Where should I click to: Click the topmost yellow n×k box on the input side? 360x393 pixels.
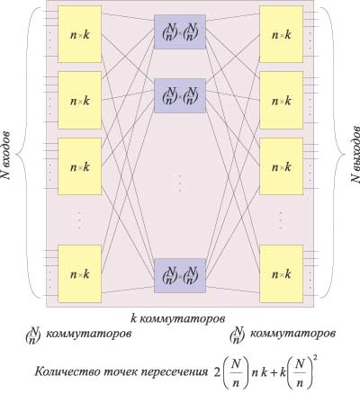point(79,34)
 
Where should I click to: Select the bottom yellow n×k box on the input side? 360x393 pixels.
point(79,273)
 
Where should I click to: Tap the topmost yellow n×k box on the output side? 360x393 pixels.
point(281,34)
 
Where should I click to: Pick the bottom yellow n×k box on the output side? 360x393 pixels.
point(281,273)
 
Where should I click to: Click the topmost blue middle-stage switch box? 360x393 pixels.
point(180,31)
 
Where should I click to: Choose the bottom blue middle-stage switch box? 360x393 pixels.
point(180,275)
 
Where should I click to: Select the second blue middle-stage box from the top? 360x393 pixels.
point(180,95)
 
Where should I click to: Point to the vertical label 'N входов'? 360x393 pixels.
point(6,155)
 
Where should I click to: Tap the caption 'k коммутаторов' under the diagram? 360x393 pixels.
point(178,318)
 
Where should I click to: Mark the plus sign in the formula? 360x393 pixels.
point(272,372)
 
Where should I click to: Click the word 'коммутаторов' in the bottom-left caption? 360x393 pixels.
point(88,334)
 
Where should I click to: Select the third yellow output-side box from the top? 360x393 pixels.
point(281,165)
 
